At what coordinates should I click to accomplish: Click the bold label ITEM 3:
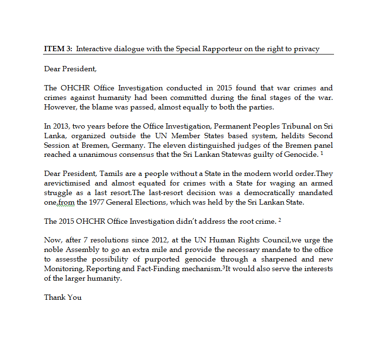point(58,49)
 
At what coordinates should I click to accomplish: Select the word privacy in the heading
point(307,49)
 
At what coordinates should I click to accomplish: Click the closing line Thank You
point(63,297)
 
